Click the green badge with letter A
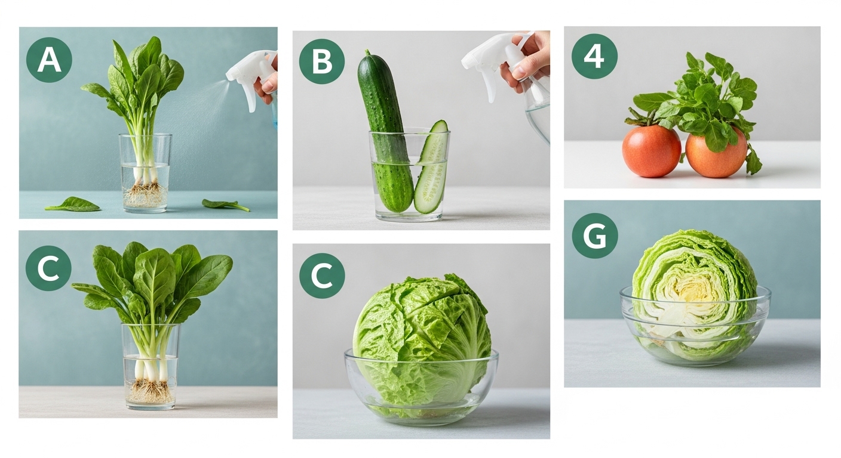[49, 60]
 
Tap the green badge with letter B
[322, 61]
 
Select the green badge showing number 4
[594, 56]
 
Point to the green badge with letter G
[595, 236]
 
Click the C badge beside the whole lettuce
[322, 276]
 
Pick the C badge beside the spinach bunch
[48, 268]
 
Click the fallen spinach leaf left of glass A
[72, 205]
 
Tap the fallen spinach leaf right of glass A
[225, 205]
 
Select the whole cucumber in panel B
[385, 132]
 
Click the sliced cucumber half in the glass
[432, 168]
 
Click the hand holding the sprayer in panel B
[526, 60]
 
